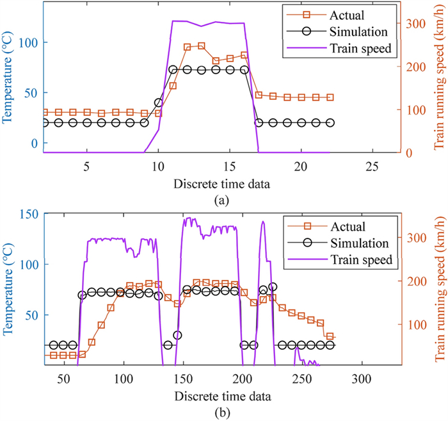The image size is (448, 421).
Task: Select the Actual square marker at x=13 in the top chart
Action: pos(201,46)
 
